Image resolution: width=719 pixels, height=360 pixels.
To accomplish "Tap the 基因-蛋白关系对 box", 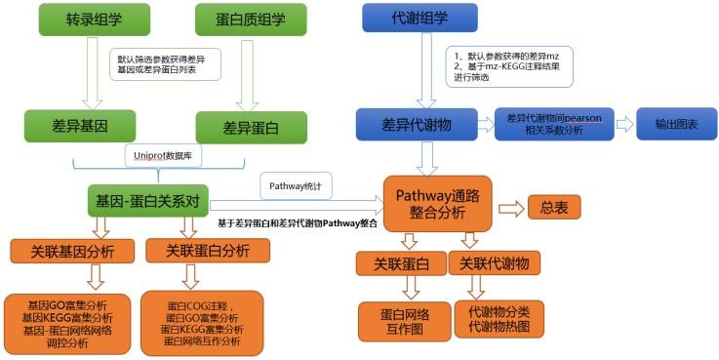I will (x=149, y=202).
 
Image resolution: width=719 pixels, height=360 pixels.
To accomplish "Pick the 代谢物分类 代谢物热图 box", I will (x=500, y=318).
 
